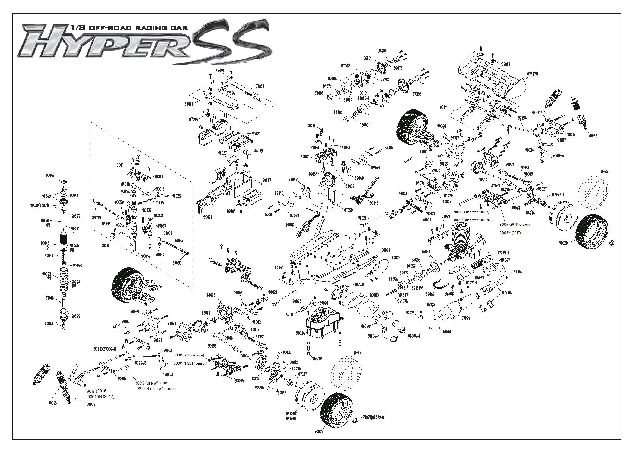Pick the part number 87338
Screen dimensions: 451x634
pyautogui.click(x=417, y=94)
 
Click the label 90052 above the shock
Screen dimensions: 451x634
pyautogui.click(x=50, y=176)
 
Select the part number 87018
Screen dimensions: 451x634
pyautogui.click(x=50, y=298)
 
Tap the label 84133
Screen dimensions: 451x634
pyautogui.click(x=258, y=151)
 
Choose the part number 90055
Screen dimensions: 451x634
pyautogui.click(x=52, y=403)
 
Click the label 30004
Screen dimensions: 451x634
pyautogui.click(x=91, y=404)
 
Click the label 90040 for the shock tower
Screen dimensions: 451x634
pyautogui.click(x=442, y=126)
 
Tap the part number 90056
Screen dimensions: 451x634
pyautogui.click(x=593, y=136)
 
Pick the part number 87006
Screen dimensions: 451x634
pyautogui.click(x=338, y=112)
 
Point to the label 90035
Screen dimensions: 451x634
pyautogui.click(x=212, y=346)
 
